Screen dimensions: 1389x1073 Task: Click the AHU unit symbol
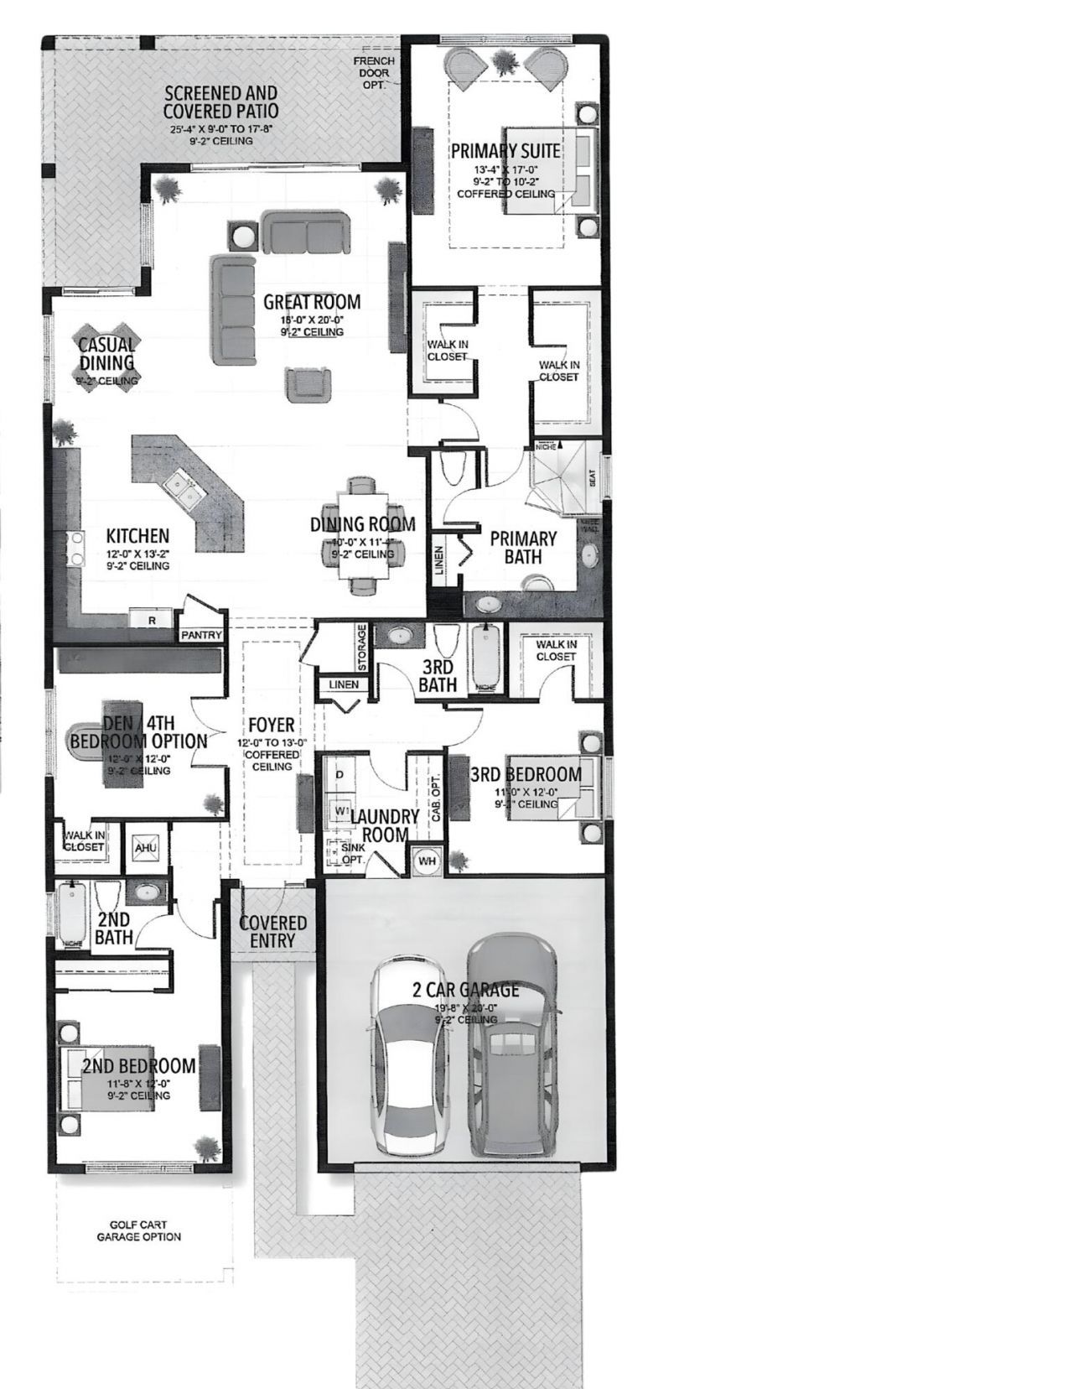(x=142, y=845)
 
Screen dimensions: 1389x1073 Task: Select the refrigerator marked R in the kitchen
(x=152, y=620)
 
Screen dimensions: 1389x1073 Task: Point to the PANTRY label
(x=202, y=635)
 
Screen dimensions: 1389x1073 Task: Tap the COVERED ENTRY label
(x=272, y=931)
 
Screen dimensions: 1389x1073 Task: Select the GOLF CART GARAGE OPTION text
(x=138, y=1230)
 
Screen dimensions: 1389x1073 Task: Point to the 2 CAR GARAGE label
(x=465, y=991)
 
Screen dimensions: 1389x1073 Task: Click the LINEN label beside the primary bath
(x=438, y=561)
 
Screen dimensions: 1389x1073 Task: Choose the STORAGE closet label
(x=362, y=648)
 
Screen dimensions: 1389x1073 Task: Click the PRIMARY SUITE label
(x=505, y=151)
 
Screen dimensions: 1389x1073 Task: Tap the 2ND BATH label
(x=113, y=927)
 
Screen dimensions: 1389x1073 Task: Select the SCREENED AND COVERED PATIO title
(x=220, y=101)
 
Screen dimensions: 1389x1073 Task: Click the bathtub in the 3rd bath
(x=485, y=658)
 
